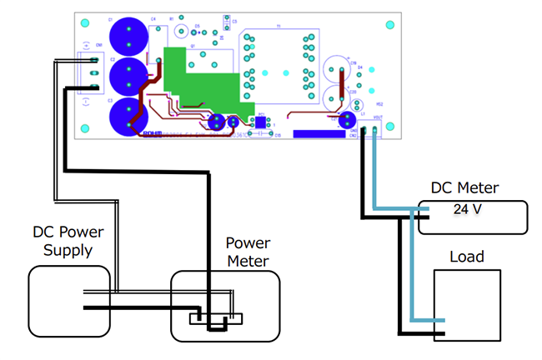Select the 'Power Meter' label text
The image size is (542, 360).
click(x=248, y=252)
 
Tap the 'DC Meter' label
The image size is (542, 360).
click(x=462, y=189)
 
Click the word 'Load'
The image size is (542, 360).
click(x=468, y=256)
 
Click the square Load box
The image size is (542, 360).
click(x=467, y=304)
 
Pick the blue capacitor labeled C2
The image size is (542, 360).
click(x=129, y=76)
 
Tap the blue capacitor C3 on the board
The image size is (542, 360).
click(x=128, y=114)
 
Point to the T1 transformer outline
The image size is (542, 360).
click(x=274, y=67)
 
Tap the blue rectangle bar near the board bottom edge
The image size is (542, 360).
click(x=316, y=132)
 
